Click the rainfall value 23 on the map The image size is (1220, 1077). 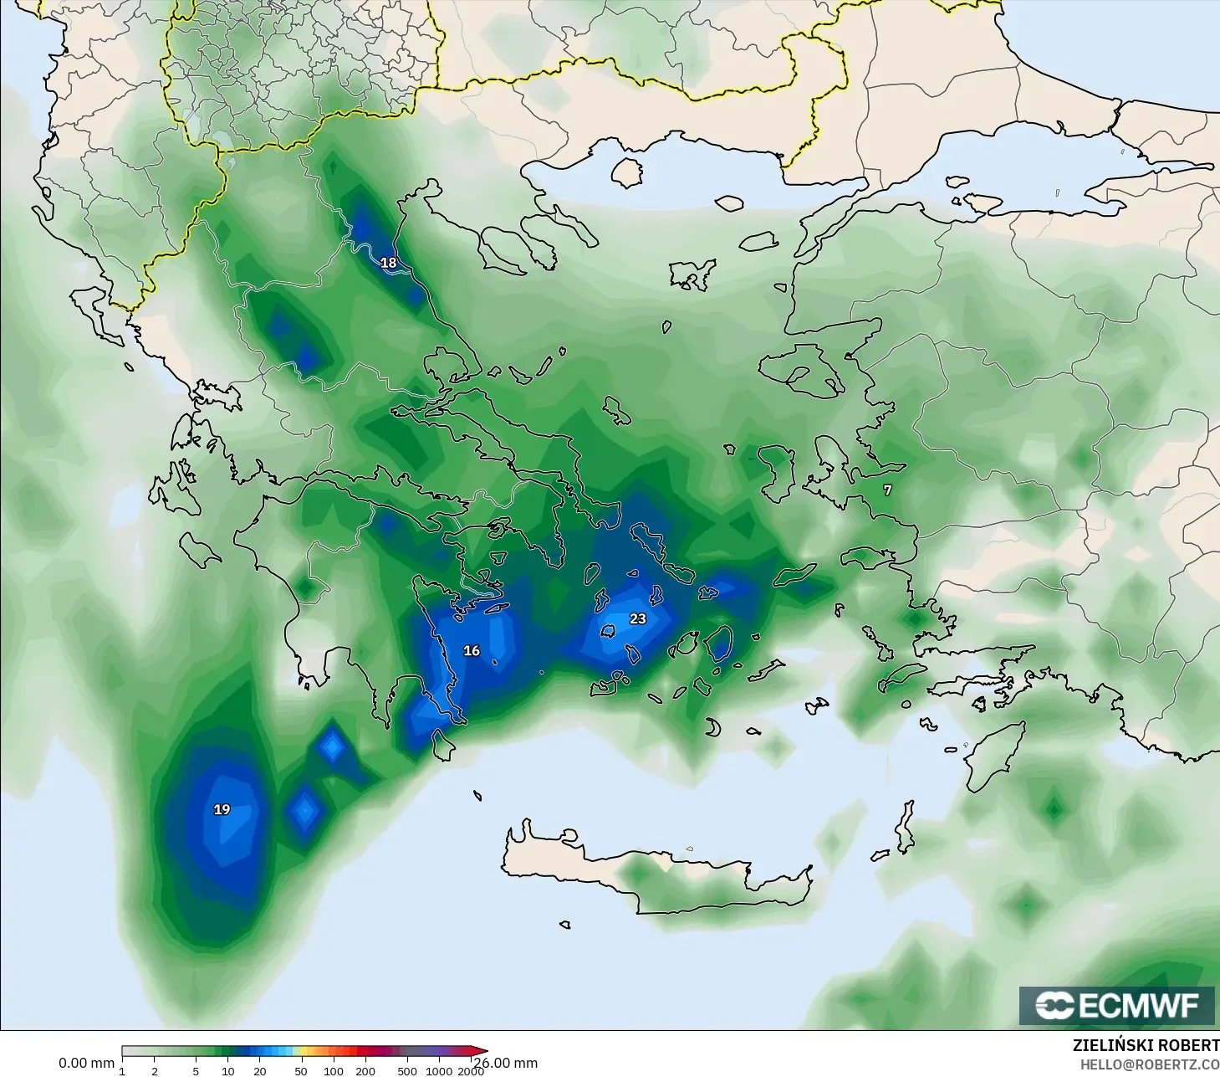tap(638, 618)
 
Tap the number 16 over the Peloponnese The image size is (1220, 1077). tap(472, 650)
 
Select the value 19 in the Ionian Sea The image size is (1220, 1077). tap(222, 809)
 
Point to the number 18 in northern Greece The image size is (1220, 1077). tap(389, 263)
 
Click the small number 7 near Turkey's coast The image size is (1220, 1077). tap(888, 490)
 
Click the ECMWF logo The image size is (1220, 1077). tap(1116, 1005)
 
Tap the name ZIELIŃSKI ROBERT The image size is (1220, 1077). tap(1146, 1045)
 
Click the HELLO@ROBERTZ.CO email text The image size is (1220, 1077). tap(1149, 1064)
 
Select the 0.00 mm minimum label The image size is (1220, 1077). tap(86, 1063)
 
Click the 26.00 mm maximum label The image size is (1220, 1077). tap(507, 1063)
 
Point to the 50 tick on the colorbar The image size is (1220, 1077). tap(301, 1071)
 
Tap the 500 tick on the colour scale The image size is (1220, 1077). tap(407, 1071)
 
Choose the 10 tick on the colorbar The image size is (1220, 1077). tap(228, 1071)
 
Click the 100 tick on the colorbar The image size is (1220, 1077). tap(334, 1071)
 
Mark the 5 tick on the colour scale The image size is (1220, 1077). tap(196, 1071)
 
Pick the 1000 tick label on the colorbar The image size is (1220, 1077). tap(439, 1071)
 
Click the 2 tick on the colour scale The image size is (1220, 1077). tap(155, 1071)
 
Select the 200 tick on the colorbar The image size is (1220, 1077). tap(365, 1071)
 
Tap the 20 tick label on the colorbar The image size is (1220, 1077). tap(260, 1071)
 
